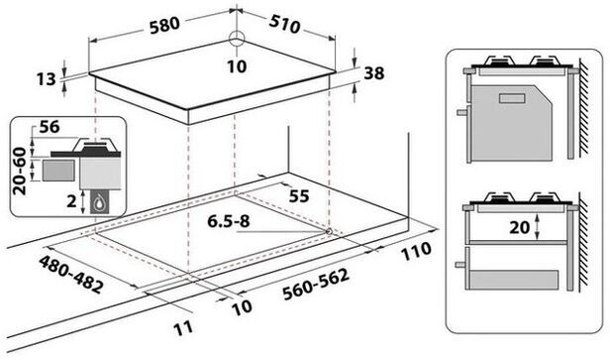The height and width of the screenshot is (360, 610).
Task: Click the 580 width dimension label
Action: (x=165, y=26)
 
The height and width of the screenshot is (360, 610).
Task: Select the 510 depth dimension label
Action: (x=284, y=25)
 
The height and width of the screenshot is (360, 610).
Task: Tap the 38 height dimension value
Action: (x=374, y=73)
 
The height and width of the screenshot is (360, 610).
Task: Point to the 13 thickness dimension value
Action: (x=47, y=79)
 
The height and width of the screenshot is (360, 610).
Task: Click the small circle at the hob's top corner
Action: (x=236, y=40)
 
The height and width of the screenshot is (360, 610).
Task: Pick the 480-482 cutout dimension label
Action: (x=71, y=274)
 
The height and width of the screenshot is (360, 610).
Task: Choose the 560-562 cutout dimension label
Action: (x=316, y=284)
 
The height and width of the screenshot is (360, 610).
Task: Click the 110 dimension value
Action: (x=416, y=251)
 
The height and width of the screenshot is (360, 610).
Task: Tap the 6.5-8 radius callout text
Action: (x=229, y=221)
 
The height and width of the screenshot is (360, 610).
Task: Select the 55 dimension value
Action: (x=299, y=196)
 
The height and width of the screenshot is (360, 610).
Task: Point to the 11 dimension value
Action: (x=183, y=327)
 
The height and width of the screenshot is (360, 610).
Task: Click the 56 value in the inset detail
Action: (x=50, y=127)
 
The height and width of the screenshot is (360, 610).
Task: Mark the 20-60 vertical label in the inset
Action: (x=20, y=171)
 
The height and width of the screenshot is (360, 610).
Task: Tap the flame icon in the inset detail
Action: (x=100, y=201)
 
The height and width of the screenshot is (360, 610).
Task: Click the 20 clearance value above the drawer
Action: (x=520, y=227)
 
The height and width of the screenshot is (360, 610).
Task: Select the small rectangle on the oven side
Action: (x=513, y=98)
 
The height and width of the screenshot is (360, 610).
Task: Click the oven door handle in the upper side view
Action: (x=462, y=112)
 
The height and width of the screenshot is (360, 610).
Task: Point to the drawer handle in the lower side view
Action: (x=460, y=265)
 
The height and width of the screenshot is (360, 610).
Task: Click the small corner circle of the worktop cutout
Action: (x=329, y=231)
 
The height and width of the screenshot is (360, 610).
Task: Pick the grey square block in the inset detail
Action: (x=58, y=170)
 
